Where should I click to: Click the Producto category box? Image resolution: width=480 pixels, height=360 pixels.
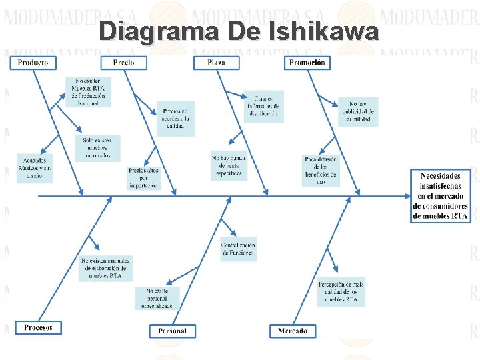[33, 63]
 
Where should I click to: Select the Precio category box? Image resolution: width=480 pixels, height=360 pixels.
[123, 63]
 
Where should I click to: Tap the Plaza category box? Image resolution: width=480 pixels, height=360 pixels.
[216, 63]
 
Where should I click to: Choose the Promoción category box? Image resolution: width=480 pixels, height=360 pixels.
[308, 63]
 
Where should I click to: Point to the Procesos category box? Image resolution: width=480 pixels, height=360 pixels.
[38, 327]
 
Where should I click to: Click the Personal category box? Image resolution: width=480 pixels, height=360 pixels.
[173, 331]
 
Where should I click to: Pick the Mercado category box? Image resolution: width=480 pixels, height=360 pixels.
[293, 331]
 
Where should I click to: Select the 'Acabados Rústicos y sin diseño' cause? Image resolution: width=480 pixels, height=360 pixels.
[35, 168]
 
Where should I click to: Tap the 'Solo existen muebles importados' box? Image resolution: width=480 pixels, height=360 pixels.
[97, 148]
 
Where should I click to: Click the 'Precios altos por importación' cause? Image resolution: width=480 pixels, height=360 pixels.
[144, 177]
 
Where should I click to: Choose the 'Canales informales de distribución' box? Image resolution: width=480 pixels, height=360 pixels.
[263, 106]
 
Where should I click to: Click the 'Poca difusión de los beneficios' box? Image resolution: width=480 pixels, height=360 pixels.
[321, 170]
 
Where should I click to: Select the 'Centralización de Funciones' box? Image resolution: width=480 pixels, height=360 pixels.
[238, 249]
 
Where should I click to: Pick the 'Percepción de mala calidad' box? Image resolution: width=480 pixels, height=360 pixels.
[341, 291]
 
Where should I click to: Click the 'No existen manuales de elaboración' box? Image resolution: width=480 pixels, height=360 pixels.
[106, 267]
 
